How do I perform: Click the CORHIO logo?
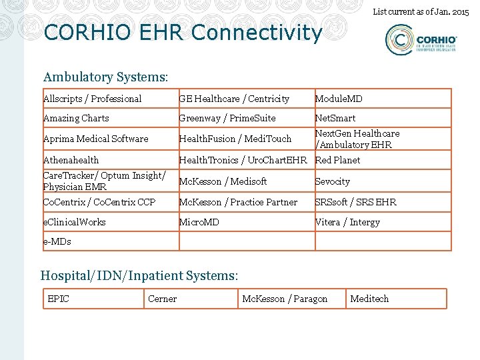(421, 41)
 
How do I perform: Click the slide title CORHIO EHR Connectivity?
(183, 32)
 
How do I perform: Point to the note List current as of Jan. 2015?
(420, 11)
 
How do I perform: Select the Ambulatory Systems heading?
(105, 78)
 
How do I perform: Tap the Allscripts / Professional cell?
(93, 99)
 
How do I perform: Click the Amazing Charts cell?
(76, 118)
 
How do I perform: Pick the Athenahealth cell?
(71, 160)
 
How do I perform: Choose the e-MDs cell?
(57, 241)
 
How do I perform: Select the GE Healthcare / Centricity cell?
(234, 99)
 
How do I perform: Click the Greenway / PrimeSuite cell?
(227, 118)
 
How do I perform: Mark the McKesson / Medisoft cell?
(223, 181)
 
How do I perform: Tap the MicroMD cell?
(199, 222)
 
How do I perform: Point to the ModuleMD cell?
(339, 99)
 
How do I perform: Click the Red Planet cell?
(337, 160)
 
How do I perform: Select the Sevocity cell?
(333, 181)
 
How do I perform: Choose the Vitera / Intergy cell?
(347, 222)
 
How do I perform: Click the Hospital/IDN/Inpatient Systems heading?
(139, 275)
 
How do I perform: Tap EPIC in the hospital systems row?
(59, 299)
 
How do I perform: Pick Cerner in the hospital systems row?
(163, 299)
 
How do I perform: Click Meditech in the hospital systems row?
(369, 299)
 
